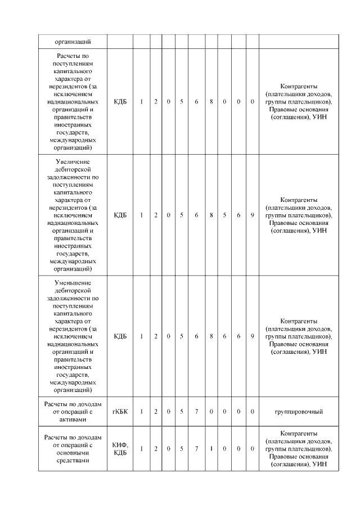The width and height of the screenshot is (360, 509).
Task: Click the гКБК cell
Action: point(120,412)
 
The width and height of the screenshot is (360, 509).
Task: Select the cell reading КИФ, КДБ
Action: point(120,448)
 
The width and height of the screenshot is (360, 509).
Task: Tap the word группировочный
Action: point(299,412)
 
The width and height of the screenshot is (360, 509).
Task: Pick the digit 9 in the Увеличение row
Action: point(253,215)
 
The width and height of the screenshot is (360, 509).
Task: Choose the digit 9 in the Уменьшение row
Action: point(253,336)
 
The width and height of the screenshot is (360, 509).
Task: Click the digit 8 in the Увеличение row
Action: point(211,215)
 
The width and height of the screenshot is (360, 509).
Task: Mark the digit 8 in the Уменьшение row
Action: point(211,336)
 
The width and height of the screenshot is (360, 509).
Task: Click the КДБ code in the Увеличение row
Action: point(120,215)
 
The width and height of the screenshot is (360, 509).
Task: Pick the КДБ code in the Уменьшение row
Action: point(120,336)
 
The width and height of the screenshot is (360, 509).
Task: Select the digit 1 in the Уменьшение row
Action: point(141,336)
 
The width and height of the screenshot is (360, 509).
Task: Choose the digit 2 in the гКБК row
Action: point(156,412)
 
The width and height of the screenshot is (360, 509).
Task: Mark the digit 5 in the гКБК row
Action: point(182,412)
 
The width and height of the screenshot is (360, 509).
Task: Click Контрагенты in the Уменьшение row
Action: point(299,321)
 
